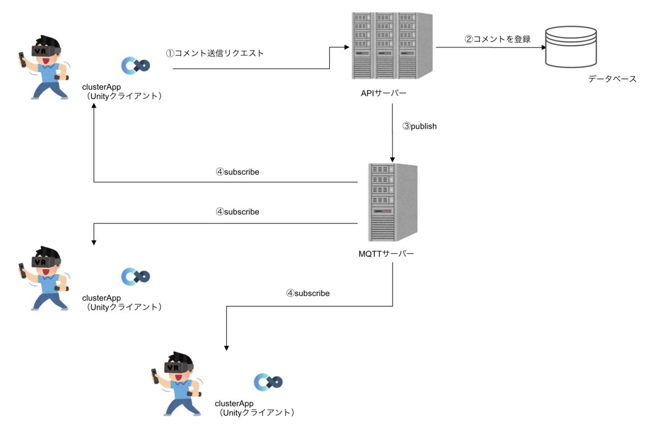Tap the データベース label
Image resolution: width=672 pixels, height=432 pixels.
[612, 79]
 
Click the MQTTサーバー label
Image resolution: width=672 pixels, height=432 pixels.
[386, 253]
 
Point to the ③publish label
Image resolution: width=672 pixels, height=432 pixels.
[419, 126]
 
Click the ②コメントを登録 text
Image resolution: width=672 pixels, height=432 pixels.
[497, 39]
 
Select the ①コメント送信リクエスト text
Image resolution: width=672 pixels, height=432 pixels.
[214, 54]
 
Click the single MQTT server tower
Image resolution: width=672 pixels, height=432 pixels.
[393, 202]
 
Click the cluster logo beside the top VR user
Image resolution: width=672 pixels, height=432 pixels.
[136, 65]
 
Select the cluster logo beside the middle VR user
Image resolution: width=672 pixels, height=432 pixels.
[136, 276]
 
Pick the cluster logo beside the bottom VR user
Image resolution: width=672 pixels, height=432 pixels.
[268, 382]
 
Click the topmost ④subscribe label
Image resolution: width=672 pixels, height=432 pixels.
[237, 172]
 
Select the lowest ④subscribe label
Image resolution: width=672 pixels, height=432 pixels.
[308, 293]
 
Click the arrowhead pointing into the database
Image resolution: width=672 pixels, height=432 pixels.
[543, 48]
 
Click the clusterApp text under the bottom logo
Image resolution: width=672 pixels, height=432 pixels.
[234, 403]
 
